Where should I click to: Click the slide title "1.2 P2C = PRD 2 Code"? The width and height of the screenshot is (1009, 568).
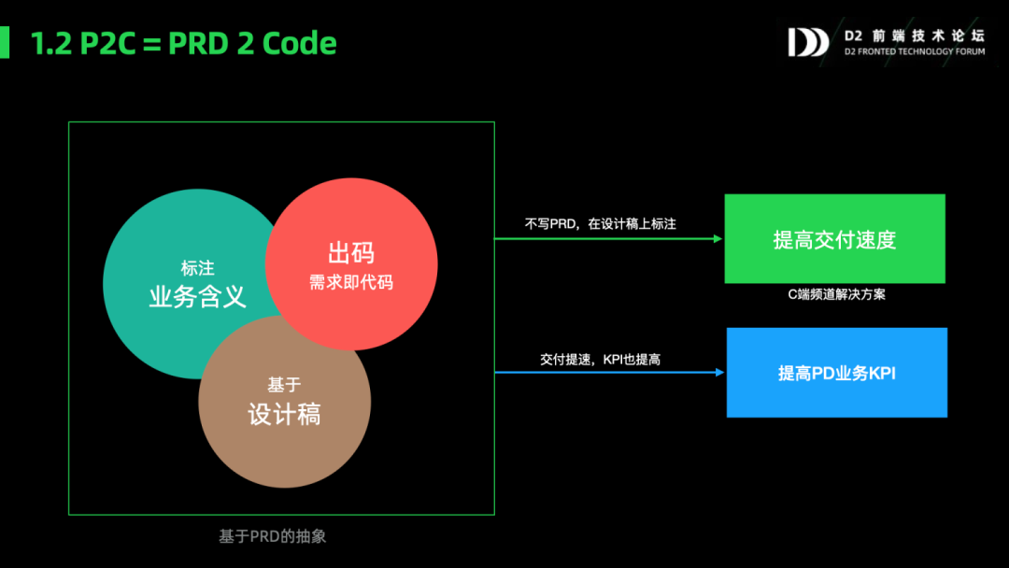click(184, 43)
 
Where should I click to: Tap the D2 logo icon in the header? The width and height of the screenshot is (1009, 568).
click(807, 42)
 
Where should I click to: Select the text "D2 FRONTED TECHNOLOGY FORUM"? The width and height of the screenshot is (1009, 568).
click(914, 52)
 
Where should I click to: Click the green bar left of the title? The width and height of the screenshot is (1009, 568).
click(5, 43)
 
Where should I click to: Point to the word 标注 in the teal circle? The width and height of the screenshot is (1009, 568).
click(197, 268)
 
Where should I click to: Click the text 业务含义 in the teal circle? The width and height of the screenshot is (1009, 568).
click(197, 296)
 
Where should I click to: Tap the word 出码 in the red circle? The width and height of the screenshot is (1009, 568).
click(351, 253)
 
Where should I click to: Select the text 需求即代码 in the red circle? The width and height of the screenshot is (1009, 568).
click(351, 282)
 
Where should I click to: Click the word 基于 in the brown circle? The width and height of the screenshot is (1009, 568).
click(284, 384)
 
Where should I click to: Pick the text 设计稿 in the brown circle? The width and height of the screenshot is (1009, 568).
click(284, 414)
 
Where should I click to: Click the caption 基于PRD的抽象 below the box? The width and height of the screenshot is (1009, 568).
click(272, 536)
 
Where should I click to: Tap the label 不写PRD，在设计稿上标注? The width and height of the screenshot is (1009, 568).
click(600, 224)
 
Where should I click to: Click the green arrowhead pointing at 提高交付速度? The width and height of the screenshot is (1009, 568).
click(718, 239)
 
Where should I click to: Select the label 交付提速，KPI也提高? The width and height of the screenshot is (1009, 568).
click(600, 359)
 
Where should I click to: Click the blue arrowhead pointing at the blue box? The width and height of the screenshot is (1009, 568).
click(719, 373)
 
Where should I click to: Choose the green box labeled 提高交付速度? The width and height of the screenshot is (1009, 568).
click(834, 239)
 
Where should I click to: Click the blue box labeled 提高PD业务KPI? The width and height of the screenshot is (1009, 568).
click(836, 373)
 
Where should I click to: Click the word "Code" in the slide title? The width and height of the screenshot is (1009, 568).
click(300, 43)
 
